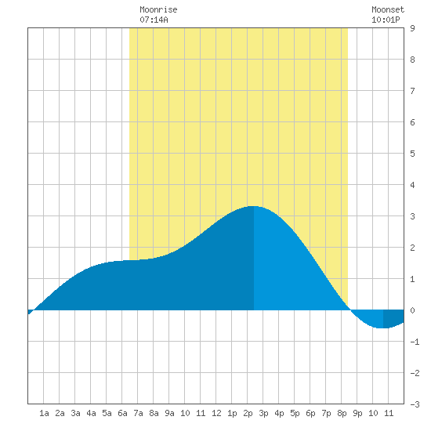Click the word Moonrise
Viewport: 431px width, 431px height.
click(158, 10)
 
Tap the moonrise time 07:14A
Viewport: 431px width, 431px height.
click(154, 20)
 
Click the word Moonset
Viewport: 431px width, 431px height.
click(388, 10)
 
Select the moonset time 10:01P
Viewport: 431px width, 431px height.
click(386, 20)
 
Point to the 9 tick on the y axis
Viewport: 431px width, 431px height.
click(412, 28)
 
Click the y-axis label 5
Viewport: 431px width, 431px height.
click(412, 154)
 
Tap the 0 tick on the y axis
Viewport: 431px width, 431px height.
click(412, 310)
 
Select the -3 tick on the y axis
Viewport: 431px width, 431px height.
click(415, 404)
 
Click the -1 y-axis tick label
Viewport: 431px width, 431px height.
click(415, 342)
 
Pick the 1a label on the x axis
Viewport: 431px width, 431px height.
click(44, 413)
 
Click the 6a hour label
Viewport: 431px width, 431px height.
click(122, 413)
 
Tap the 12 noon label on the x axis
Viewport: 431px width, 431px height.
click(216, 413)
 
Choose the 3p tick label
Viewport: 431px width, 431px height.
click(263, 413)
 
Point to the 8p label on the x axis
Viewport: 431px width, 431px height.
click(342, 413)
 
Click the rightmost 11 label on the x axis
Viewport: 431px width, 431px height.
click(389, 413)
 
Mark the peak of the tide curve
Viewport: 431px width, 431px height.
click(253, 206)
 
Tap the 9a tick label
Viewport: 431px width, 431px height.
click(169, 413)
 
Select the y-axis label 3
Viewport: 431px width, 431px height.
click(412, 216)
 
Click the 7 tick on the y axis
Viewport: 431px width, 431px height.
click(412, 91)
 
